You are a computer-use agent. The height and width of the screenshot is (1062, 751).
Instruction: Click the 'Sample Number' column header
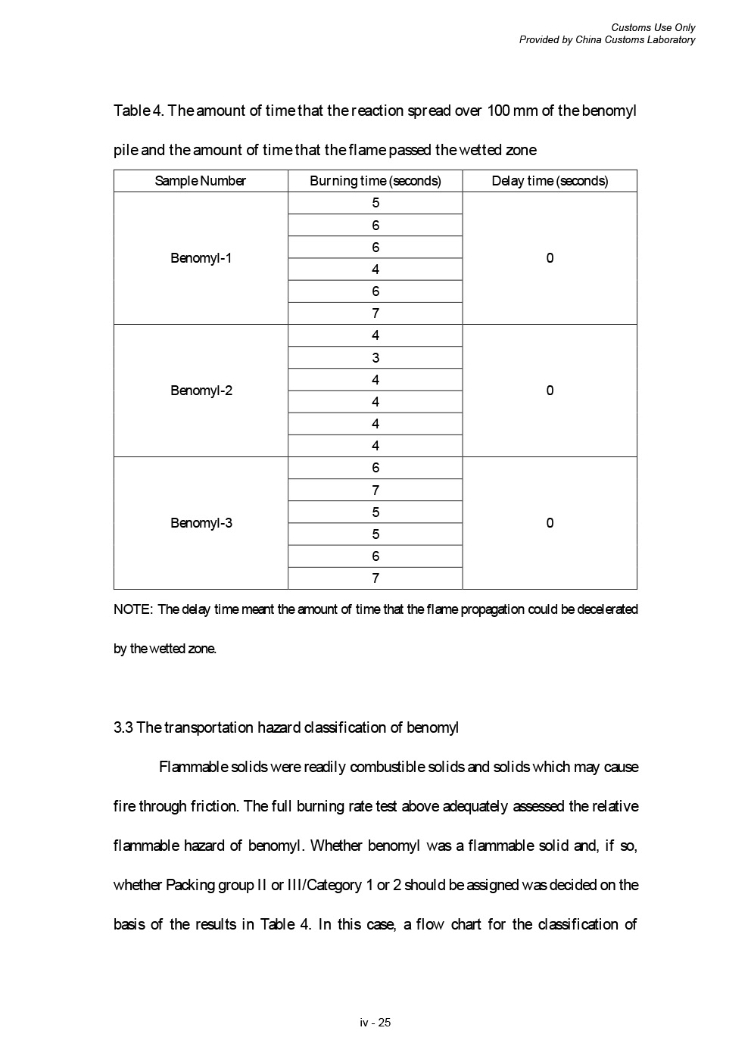(x=201, y=181)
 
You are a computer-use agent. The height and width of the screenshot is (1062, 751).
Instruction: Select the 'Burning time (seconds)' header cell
(x=375, y=181)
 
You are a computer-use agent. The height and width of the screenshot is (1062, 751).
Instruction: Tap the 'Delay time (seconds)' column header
(x=550, y=181)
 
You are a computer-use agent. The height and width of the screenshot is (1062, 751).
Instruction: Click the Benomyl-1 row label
(x=201, y=258)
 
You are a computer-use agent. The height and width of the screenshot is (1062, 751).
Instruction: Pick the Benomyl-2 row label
(x=201, y=391)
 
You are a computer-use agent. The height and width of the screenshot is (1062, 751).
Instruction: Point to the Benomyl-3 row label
(x=201, y=523)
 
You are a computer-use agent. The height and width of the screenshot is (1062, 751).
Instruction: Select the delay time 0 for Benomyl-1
(x=550, y=258)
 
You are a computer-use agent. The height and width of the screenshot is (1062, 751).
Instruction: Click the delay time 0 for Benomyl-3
(x=550, y=523)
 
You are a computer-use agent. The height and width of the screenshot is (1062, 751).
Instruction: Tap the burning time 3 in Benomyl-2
(x=375, y=358)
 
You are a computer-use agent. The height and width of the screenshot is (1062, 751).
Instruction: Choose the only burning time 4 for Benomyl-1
(x=375, y=269)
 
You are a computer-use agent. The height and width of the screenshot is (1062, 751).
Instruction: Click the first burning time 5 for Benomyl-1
(x=375, y=203)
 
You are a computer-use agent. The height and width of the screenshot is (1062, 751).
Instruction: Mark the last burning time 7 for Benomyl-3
(x=375, y=578)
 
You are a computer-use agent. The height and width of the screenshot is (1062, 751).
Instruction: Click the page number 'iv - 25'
(x=375, y=1023)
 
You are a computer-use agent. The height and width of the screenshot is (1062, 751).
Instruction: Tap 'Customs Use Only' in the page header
(x=653, y=28)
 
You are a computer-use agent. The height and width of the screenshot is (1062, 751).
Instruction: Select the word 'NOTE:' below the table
(x=133, y=609)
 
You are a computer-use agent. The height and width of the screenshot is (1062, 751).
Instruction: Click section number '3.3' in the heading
(x=123, y=727)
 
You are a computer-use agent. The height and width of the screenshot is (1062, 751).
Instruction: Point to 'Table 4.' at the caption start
(x=138, y=111)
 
